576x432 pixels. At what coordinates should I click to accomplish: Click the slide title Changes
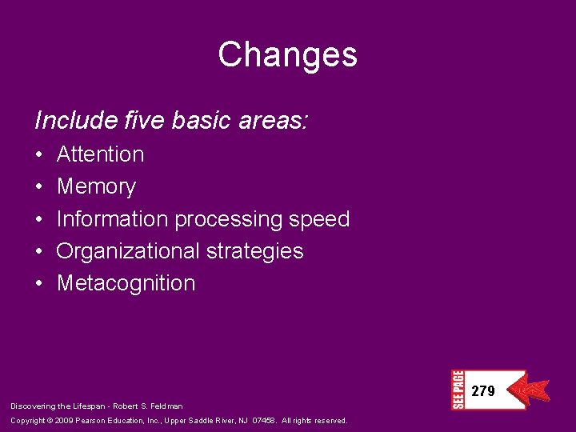[x=287, y=55]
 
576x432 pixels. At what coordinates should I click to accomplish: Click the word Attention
[x=100, y=154]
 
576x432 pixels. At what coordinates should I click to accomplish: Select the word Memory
[x=96, y=187]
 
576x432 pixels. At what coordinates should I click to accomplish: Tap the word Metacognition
[x=126, y=283]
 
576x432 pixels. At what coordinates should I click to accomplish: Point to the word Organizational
[x=128, y=251]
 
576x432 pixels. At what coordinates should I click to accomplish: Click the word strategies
[x=255, y=251]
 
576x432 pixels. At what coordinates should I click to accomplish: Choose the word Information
[x=112, y=219]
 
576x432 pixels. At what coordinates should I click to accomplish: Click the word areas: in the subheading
[x=274, y=121]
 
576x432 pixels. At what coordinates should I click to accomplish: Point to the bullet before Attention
[x=39, y=155]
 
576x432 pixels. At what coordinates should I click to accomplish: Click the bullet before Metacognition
[x=39, y=284]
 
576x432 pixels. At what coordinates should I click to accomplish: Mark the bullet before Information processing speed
[x=39, y=220]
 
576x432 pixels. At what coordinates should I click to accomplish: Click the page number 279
[x=483, y=391]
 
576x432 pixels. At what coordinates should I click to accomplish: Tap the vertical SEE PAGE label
[x=458, y=390]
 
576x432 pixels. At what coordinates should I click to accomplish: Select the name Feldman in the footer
[x=166, y=406]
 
